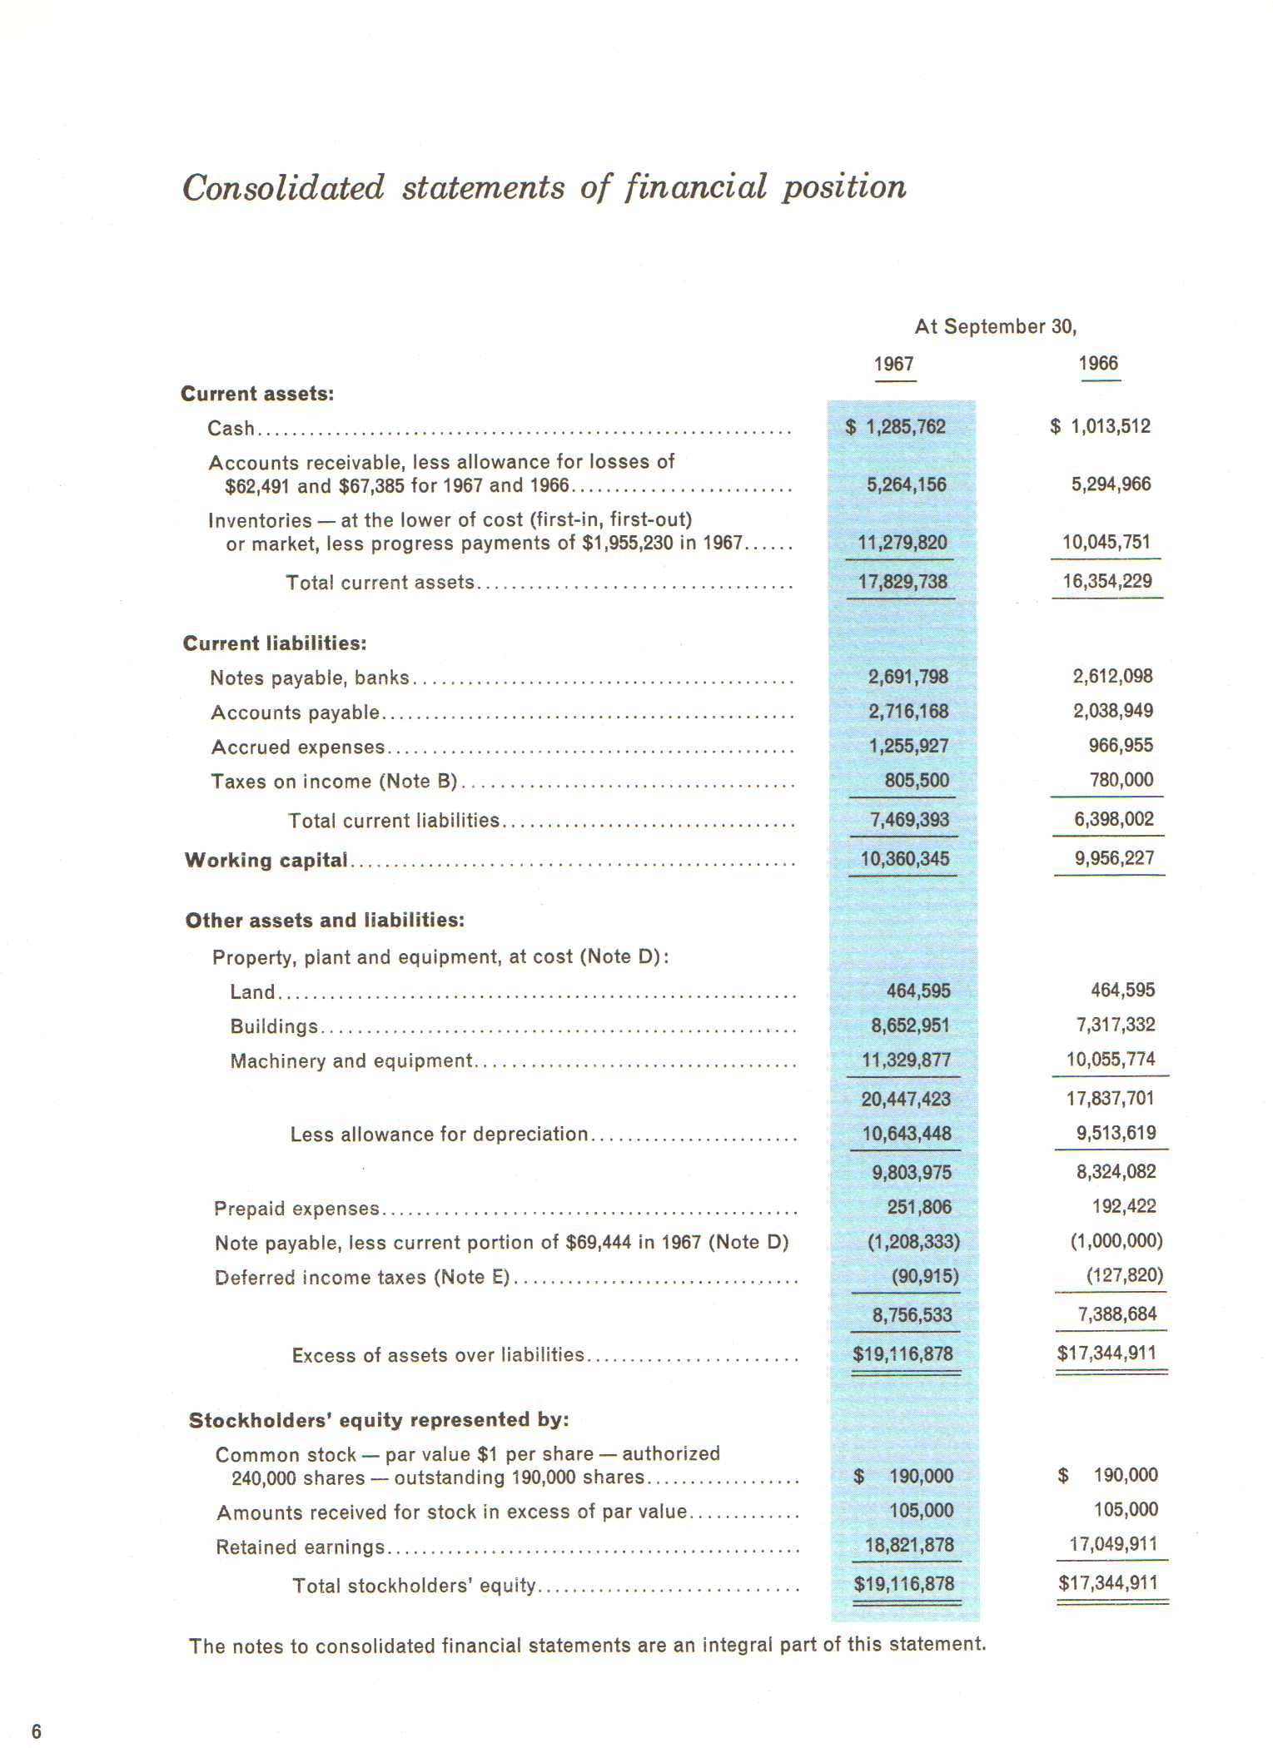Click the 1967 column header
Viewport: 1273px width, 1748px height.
click(893, 365)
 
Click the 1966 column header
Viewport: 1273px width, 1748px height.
click(1098, 364)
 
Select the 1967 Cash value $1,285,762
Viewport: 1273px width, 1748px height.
click(897, 427)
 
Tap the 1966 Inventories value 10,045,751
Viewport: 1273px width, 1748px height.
click(1106, 543)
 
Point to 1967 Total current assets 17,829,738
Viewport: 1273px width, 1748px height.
click(903, 582)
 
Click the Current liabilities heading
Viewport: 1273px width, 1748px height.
click(275, 643)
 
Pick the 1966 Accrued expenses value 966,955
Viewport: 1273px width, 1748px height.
click(1121, 746)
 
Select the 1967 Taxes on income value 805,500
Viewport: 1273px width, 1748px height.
click(917, 781)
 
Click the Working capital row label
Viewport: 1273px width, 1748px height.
click(266, 860)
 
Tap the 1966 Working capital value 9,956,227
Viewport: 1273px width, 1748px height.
click(1114, 858)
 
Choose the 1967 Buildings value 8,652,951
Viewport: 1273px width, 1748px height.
click(910, 1025)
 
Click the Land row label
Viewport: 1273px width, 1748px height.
click(252, 992)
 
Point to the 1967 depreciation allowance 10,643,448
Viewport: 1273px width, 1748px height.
click(906, 1134)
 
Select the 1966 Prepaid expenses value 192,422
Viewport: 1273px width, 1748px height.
click(1124, 1206)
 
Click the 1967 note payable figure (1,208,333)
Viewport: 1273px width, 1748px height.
click(913, 1242)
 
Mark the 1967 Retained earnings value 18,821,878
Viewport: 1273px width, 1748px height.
click(909, 1546)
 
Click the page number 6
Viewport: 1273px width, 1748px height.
click(36, 1731)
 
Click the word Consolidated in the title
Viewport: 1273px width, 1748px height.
click(283, 188)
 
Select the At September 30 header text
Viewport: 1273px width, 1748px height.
click(995, 326)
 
